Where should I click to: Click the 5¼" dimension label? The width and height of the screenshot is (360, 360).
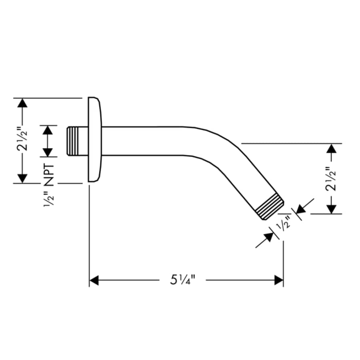pos(182,280)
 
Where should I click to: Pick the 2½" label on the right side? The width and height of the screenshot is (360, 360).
pos(331,179)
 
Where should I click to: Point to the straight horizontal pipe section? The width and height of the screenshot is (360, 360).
pos(148,141)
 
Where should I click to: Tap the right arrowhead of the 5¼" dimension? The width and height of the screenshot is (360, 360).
pos(279,280)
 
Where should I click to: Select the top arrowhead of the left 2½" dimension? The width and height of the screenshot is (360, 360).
pos(22,102)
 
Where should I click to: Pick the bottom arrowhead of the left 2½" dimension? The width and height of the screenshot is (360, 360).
pos(22,178)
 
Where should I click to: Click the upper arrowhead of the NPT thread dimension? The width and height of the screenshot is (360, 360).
pos(48,130)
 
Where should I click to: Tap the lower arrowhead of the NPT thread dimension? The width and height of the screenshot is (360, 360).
pos(48,152)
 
